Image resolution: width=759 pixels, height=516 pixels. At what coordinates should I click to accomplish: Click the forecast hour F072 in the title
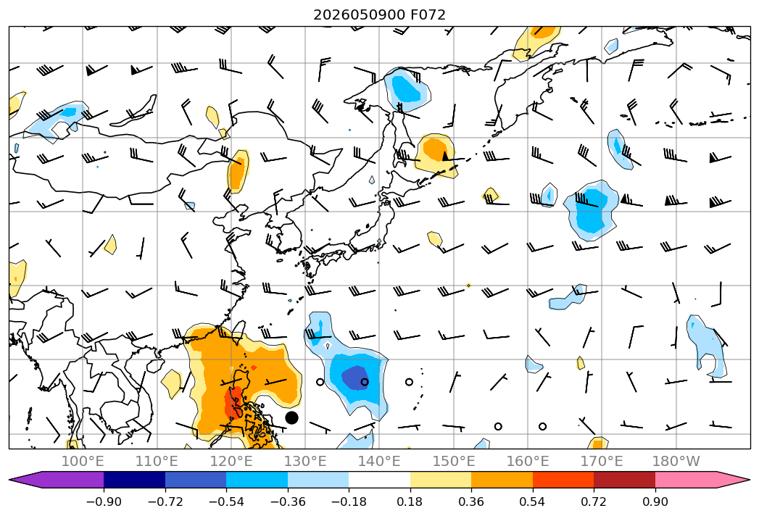(428, 14)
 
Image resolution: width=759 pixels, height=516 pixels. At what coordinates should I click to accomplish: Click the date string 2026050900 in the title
(359, 14)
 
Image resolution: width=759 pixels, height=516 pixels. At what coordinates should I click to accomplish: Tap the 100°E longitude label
(83, 461)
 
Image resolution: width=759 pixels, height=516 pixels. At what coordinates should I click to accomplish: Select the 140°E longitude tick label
(379, 461)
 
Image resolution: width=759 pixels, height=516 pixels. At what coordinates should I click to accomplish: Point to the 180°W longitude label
(676, 461)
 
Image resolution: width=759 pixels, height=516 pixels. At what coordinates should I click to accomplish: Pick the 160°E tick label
(528, 461)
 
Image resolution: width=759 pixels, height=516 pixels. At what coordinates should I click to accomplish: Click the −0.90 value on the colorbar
(104, 502)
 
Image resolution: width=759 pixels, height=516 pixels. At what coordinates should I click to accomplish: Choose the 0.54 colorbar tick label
(532, 502)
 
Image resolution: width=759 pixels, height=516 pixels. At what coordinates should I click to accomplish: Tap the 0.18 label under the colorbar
(410, 502)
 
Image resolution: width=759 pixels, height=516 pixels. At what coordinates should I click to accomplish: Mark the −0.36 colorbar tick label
(288, 502)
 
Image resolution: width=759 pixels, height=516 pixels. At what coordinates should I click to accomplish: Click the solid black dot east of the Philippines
(291, 417)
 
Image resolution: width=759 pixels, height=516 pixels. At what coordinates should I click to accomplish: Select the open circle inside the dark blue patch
(365, 382)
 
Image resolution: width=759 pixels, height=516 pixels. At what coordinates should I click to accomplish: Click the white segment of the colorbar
(379, 480)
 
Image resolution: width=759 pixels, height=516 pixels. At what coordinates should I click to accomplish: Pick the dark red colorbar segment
(624, 480)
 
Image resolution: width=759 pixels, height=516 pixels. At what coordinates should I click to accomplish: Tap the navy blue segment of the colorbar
(134, 480)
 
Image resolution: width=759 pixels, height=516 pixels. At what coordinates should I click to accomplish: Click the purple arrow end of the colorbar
(24, 480)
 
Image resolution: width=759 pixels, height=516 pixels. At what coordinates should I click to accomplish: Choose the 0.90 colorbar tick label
(655, 502)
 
